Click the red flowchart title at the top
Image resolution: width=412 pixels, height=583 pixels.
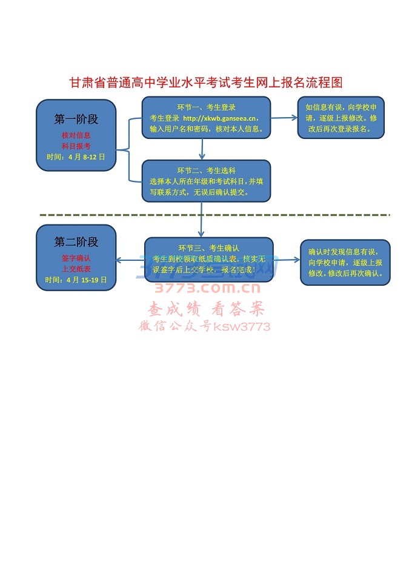pyautogui.click(x=206, y=83)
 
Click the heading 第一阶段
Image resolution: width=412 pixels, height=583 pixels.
pyautogui.click(x=76, y=119)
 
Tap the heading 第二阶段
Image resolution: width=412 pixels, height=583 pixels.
pyautogui.click(x=76, y=242)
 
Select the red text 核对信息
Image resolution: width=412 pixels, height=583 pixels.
pyautogui.click(x=76, y=135)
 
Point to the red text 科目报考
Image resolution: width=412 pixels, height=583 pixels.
pyautogui.click(x=76, y=146)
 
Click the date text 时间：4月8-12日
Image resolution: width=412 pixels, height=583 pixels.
pyautogui.click(x=76, y=157)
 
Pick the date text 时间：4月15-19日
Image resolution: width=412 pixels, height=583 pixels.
pyautogui.click(x=76, y=280)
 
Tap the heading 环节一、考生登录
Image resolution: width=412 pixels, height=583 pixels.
pyautogui.click(x=206, y=107)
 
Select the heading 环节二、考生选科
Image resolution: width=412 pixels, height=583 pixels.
pyautogui.click(x=206, y=170)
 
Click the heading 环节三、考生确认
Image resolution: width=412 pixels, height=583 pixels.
pyautogui.click(x=208, y=248)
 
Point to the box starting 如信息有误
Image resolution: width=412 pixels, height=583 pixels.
pyautogui.click(x=341, y=118)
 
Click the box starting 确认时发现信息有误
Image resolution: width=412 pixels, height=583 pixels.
pyautogui.click(x=345, y=262)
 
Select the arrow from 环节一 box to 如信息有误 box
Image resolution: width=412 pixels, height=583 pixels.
pyautogui.click(x=284, y=118)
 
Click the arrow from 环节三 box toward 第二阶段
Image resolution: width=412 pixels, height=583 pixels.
pyautogui.click(x=130, y=260)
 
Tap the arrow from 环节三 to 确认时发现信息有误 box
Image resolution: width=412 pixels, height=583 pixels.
pyautogui.click(x=287, y=260)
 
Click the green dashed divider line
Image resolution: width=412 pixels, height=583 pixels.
pyautogui.click(x=214, y=215)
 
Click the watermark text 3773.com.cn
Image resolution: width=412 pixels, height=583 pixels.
pyautogui.click(x=207, y=288)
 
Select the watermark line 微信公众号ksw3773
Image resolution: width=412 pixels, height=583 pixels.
pyautogui.click(x=204, y=326)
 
